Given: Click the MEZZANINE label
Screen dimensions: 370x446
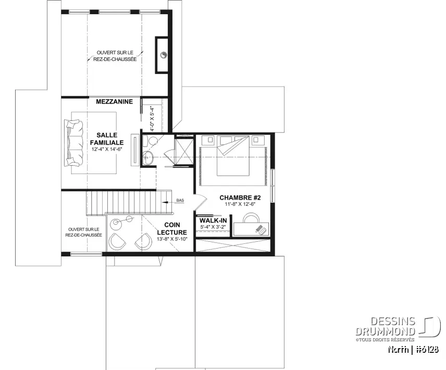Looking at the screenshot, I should click(x=114, y=102).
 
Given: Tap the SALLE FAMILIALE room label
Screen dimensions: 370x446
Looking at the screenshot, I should click(x=106, y=139).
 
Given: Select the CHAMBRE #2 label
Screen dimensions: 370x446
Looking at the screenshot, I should click(x=240, y=198).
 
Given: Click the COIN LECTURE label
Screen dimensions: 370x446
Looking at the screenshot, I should click(x=172, y=229).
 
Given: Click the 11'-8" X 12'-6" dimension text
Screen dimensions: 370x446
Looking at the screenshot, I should click(x=240, y=205).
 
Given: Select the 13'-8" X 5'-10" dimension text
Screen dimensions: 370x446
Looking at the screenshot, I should click(x=172, y=240).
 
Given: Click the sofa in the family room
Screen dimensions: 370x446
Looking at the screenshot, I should click(x=73, y=143).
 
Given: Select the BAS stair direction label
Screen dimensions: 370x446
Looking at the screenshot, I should click(x=180, y=200).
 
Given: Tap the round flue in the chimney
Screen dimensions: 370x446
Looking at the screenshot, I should click(x=163, y=54).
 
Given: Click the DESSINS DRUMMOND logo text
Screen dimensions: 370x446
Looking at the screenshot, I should click(x=386, y=326).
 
